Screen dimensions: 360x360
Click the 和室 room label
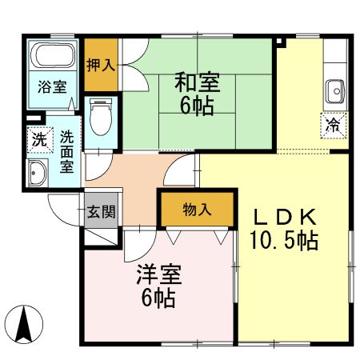[197, 82]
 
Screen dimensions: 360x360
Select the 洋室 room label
[158, 277]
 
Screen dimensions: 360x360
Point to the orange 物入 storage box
[197, 210]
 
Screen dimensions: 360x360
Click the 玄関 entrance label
[102, 212]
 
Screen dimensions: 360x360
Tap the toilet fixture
[101, 118]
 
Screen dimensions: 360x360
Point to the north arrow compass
[26, 325]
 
